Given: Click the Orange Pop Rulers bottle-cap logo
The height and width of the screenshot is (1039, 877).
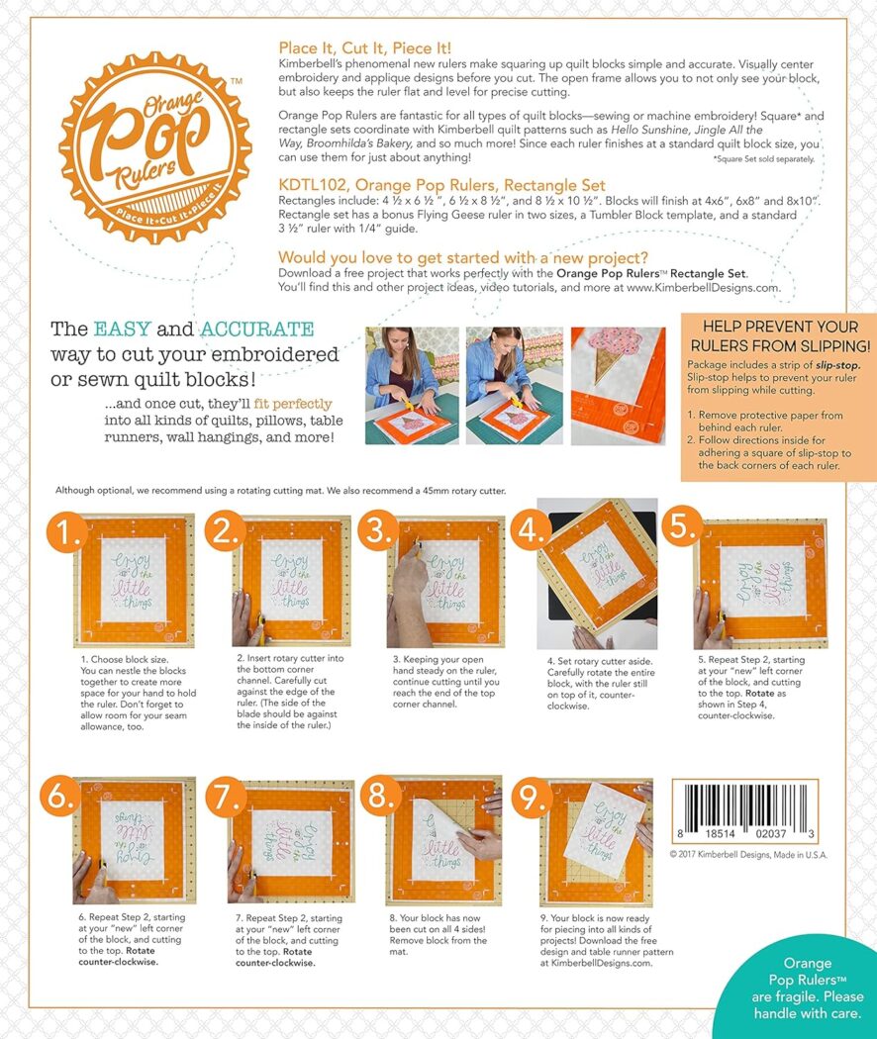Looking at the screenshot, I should click(x=155, y=134).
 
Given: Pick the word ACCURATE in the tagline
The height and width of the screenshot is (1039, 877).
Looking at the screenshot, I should click(x=258, y=330).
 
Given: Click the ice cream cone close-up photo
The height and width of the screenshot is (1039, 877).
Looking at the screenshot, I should click(x=618, y=385).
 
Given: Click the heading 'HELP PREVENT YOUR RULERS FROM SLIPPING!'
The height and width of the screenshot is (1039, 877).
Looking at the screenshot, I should click(x=778, y=335).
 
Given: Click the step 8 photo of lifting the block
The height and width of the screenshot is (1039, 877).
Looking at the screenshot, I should click(x=443, y=840).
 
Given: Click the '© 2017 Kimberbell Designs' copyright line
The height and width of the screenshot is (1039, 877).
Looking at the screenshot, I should click(x=748, y=854).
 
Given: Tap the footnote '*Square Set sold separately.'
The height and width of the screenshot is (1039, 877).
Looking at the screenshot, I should click(x=763, y=158).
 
